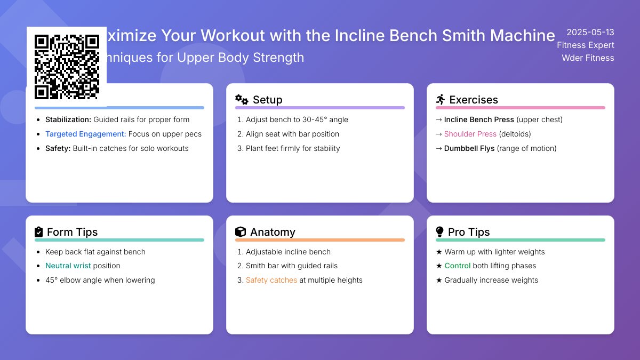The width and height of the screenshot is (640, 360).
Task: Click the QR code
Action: [x=67, y=67]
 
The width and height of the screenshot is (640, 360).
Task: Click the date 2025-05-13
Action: [x=590, y=32]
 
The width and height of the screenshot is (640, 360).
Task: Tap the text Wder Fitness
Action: [x=588, y=58]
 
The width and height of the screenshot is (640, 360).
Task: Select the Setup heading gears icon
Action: [x=242, y=100]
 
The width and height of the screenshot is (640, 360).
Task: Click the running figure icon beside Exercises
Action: [x=441, y=100]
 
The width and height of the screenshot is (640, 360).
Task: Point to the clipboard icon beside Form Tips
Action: [x=38, y=232]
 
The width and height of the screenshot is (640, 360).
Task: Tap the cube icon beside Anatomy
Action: [x=241, y=232]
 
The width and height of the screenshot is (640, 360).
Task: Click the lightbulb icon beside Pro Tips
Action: [x=440, y=232]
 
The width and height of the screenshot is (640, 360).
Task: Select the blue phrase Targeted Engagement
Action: [x=85, y=134]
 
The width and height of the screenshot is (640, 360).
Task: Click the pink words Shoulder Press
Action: [x=470, y=134]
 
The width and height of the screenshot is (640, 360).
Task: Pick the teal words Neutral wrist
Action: [x=68, y=266]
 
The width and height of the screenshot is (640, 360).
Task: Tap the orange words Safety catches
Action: [x=271, y=280]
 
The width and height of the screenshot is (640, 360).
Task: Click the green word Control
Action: [x=458, y=266]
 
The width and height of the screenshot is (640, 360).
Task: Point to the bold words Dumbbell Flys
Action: [x=469, y=148]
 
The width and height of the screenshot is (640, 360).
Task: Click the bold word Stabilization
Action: [x=68, y=119]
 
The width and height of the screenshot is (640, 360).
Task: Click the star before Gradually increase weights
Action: [x=439, y=280]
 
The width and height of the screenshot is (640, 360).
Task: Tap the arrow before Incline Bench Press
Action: [x=439, y=119]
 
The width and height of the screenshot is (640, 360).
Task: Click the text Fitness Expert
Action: [x=586, y=45]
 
